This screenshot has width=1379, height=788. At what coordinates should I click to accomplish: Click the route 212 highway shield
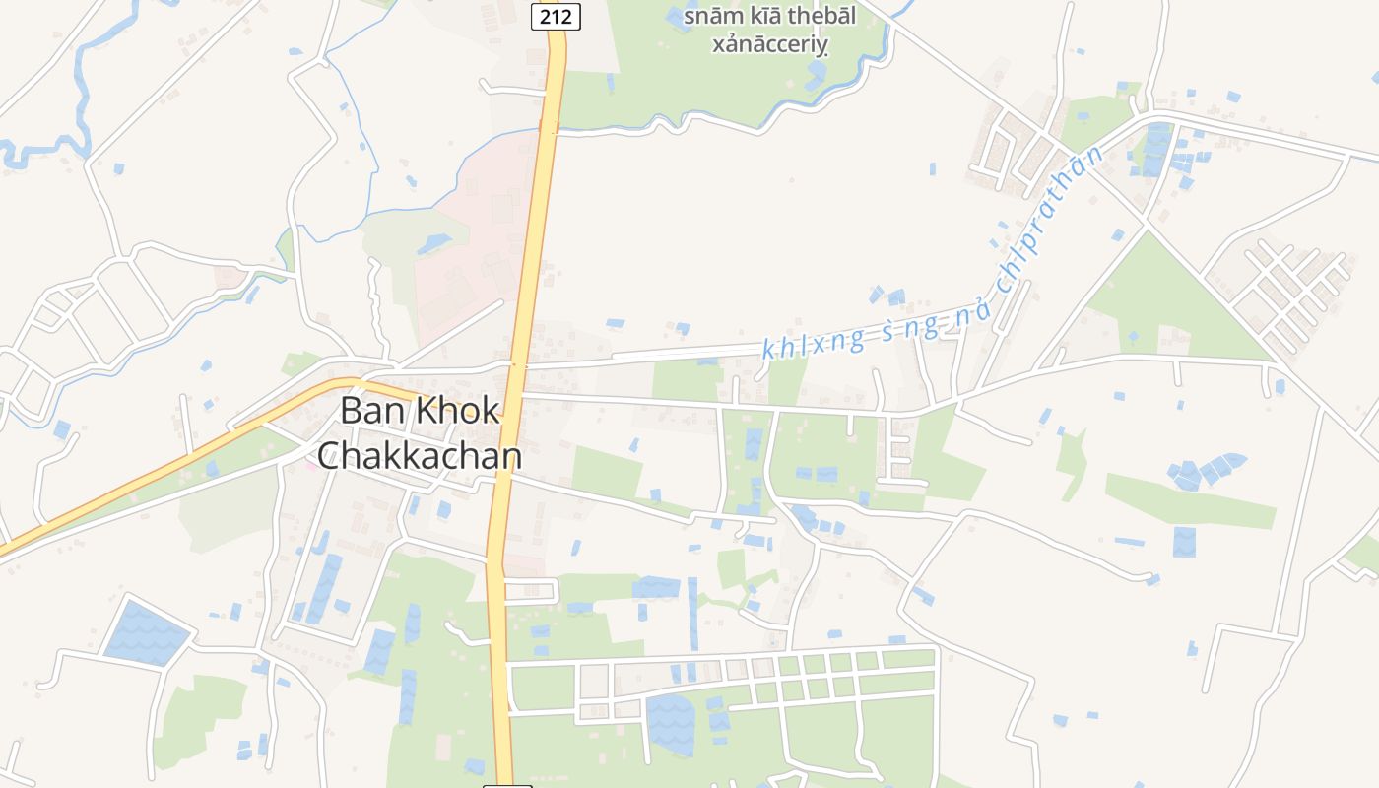[556, 16]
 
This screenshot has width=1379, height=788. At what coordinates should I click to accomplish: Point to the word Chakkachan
[420, 455]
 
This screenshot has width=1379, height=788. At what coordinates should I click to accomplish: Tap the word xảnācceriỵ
[770, 46]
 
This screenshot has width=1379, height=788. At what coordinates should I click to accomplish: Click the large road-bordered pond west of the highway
[146, 629]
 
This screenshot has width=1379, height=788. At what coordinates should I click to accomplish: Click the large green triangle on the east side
[1172, 305]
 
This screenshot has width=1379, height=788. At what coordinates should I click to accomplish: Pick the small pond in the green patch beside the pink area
[433, 242]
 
